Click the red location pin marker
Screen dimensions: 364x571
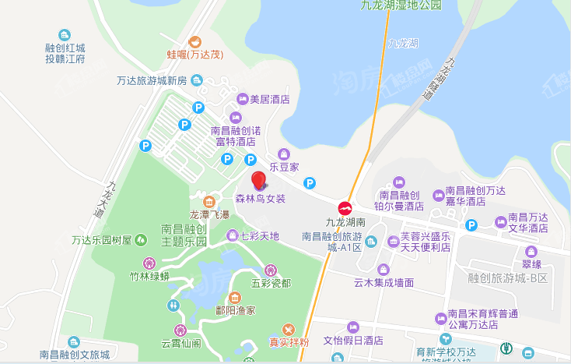click(x=259, y=180)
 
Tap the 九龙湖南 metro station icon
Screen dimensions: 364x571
click(x=344, y=207)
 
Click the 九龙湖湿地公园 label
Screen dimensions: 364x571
click(x=401, y=5)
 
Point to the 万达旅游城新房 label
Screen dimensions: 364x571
click(x=152, y=80)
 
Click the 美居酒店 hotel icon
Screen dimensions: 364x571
click(x=241, y=99)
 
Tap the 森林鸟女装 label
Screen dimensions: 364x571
click(x=260, y=199)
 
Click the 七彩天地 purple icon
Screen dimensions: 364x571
click(x=231, y=235)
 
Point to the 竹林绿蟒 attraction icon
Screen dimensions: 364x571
click(x=149, y=263)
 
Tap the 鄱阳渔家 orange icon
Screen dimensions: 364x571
click(x=234, y=298)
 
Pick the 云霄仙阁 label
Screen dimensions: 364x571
click(x=180, y=343)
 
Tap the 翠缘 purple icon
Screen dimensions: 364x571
click(x=531, y=251)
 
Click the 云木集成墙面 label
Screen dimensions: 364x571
click(x=384, y=282)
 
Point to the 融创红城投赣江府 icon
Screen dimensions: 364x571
click(x=65, y=35)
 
